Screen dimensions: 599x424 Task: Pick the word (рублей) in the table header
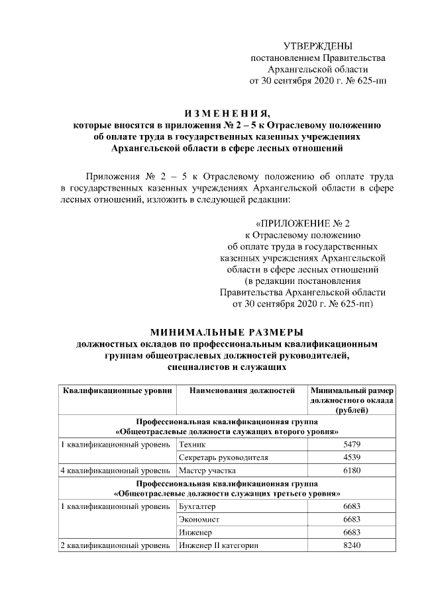point(352,410)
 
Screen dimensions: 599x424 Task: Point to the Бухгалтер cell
point(198,506)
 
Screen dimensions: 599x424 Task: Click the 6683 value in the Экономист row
point(352,520)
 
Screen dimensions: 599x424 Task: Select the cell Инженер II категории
point(218,545)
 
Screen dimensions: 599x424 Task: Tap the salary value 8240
point(352,545)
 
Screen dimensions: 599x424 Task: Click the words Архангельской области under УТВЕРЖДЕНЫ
point(317,69)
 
